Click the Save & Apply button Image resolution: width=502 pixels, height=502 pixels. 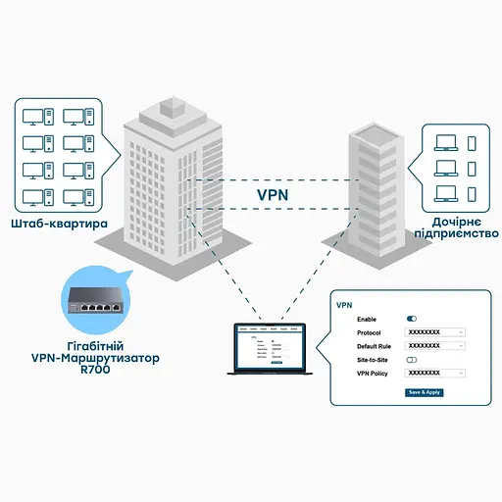pos(426,392)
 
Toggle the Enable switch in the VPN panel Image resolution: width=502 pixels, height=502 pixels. pos(412,319)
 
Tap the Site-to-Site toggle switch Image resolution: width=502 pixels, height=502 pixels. pos(412,360)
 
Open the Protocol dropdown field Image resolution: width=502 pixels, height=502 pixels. pos(434,332)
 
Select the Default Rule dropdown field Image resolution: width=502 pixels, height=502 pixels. pos(434,346)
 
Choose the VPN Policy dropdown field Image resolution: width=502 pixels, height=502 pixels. pos(434,374)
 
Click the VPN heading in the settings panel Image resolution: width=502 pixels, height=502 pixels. pos(344,305)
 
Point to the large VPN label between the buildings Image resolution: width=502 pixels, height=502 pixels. pos(274,195)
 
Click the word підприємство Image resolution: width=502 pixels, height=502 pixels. pos(457,233)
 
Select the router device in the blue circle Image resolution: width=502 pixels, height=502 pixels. pos(95,297)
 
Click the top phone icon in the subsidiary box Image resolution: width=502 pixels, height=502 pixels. pos(472,144)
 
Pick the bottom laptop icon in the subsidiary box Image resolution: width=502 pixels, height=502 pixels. pos(445,191)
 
